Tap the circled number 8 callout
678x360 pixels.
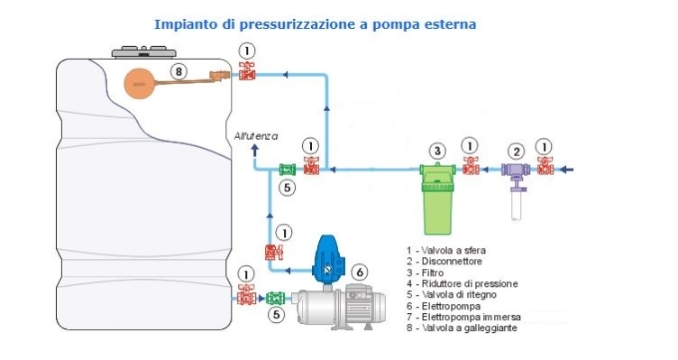point(179,71)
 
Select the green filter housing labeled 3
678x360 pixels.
point(437,198)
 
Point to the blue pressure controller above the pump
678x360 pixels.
point(328,260)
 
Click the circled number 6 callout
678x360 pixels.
point(360,272)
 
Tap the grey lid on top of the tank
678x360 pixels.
point(144,52)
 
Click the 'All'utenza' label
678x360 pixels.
point(256,136)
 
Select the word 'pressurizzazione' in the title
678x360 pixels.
point(298,24)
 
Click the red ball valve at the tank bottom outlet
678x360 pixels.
point(247,295)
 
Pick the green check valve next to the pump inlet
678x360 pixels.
point(276,298)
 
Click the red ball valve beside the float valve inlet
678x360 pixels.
point(247,71)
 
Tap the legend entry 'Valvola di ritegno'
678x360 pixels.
point(452,295)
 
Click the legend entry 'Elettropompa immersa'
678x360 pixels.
point(463,318)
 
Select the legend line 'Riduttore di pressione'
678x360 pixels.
point(462,284)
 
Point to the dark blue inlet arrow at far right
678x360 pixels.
point(566,170)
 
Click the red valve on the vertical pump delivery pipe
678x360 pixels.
point(274,252)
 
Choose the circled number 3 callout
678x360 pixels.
point(437,151)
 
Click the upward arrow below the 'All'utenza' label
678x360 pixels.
point(255,151)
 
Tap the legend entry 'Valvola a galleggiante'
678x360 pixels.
point(462,328)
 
